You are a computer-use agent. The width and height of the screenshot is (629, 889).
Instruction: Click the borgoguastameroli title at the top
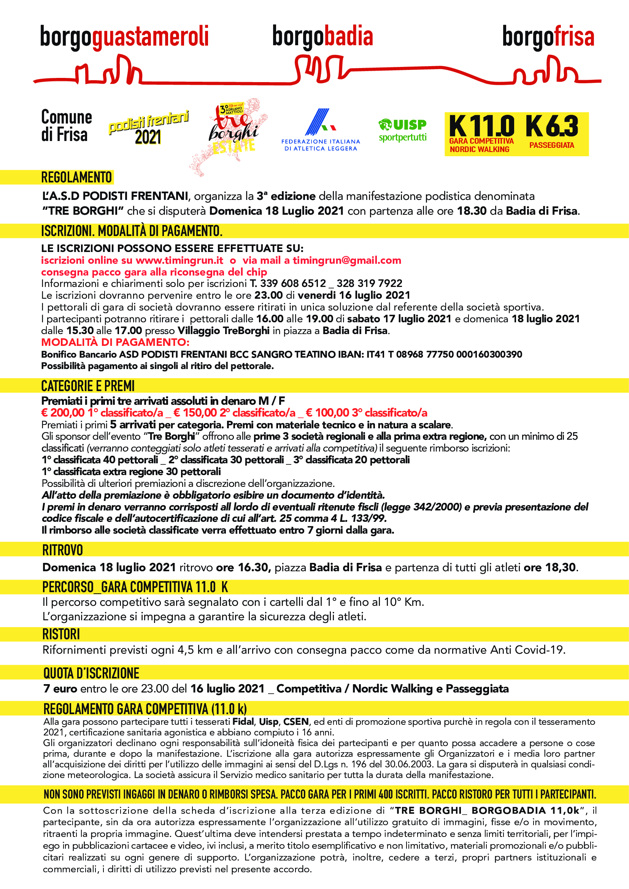point(124,37)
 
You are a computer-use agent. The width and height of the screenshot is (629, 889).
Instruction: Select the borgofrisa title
point(548,37)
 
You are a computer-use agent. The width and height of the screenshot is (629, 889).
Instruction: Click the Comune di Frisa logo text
point(66,126)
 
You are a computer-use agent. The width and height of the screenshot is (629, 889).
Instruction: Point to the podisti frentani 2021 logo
point(148,128)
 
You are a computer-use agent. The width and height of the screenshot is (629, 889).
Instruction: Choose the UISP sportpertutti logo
point(402,130)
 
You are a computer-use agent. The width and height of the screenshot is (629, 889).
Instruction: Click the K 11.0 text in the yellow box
point(481,126)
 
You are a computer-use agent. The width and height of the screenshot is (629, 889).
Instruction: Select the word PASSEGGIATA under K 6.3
point(551,146)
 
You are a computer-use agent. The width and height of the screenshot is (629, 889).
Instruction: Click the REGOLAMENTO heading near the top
point(76,177)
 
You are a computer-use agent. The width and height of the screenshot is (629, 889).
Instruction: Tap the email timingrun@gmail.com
point(347,260)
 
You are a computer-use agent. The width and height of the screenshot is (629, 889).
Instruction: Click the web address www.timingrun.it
point(179,260)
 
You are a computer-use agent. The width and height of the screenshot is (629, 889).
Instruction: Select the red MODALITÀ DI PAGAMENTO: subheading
point(115,342)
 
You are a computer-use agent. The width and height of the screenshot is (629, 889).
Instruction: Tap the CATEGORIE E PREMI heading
point(88,386)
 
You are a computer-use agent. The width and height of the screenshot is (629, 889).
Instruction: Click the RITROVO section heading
point(62,550)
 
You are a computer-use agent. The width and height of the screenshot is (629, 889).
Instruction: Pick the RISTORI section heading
point(61,634)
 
